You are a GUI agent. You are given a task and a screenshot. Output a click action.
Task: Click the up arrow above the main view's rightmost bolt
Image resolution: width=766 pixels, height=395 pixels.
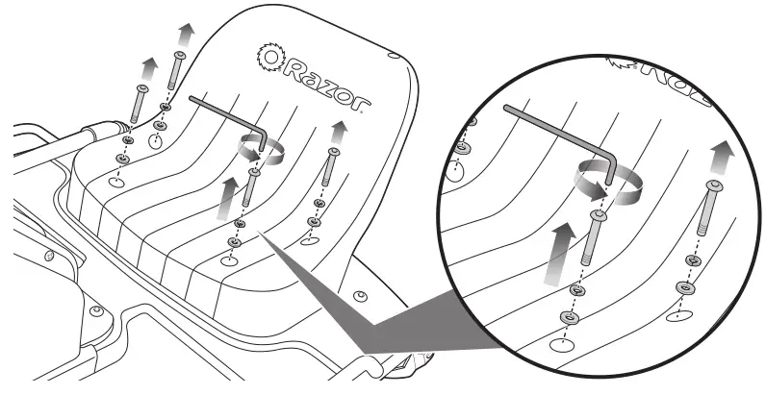point(338,131)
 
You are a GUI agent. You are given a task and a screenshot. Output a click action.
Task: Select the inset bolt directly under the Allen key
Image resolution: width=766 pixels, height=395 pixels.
point(591,240)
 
